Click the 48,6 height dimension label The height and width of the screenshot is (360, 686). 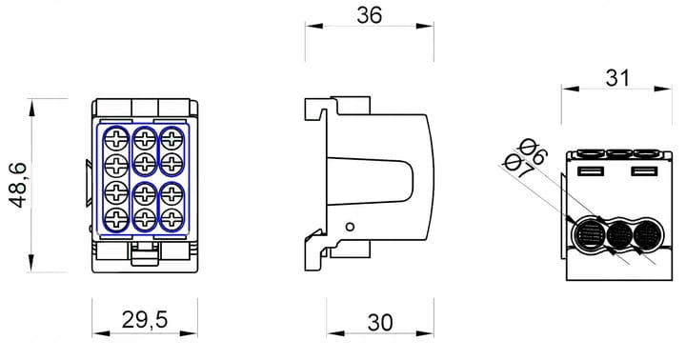click(x=18, y=185)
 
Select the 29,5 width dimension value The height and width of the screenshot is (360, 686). click(x=145, y=320)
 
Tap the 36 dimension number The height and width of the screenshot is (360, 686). click(x=370, y=15)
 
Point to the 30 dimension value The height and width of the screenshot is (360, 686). click(x=380, y=323)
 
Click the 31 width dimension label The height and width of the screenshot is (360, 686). click(x=617, y=78)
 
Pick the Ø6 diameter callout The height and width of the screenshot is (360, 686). click(x=533, y=151)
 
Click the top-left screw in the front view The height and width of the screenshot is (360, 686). click(x=116, y=140)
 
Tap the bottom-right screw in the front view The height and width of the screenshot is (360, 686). click(x=171, y=217)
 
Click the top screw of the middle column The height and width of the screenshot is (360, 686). click(x=145, y=140)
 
